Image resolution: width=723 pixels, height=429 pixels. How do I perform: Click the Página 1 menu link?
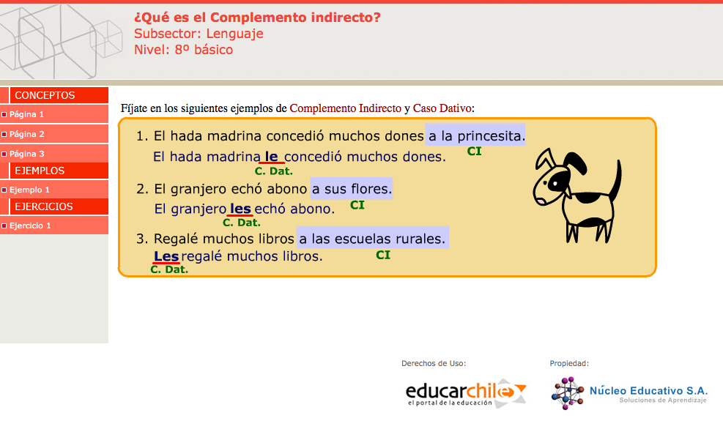26,114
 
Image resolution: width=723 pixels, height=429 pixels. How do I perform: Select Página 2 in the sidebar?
26,134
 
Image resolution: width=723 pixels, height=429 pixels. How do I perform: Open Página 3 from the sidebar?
26,154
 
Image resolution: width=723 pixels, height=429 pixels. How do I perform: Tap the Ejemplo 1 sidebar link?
29,190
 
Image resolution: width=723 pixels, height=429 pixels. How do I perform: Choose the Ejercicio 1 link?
30,225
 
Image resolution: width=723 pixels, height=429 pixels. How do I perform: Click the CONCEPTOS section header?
45,95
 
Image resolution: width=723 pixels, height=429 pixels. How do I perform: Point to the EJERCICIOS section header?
44,206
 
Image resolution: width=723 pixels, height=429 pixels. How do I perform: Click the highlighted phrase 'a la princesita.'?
475,135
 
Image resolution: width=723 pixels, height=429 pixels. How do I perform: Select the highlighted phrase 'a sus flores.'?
352,188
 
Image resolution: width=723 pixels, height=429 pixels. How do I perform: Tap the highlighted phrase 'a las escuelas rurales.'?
373,238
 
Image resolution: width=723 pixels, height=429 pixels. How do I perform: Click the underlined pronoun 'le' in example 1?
272,157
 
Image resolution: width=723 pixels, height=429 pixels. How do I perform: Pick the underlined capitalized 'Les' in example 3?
166,256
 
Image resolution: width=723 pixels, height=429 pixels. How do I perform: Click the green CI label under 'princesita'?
474,151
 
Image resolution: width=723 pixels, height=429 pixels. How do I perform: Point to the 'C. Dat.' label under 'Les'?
169,269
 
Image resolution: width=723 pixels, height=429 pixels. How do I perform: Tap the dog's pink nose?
539,201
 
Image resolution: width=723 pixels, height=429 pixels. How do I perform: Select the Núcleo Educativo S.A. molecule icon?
568,393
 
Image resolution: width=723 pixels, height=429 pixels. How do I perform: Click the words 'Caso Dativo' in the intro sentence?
442,108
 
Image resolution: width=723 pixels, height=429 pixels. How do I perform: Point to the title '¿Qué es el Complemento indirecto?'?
257,18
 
